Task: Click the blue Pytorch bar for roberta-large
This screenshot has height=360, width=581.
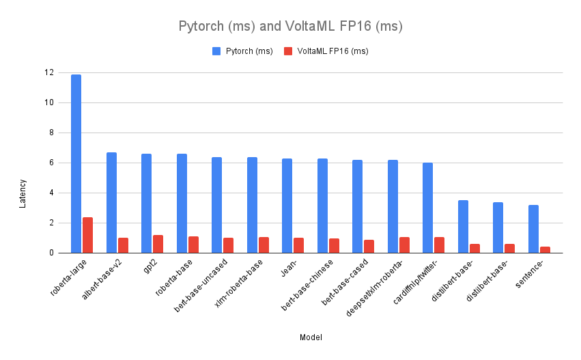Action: pyautogui.click(x=76, y=164)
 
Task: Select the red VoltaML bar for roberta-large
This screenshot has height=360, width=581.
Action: pyautogui.click(x=88, y=235)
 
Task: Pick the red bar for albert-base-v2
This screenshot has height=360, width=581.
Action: pyautogui.click(x=123, y=245)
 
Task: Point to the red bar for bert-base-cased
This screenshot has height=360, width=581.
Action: pyautogui.click(x=369, y=247)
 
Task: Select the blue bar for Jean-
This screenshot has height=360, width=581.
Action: pyautogui.click(x=287, y=206)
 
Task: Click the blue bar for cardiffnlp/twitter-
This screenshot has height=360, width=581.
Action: pyautogui.click(x=427, y=208)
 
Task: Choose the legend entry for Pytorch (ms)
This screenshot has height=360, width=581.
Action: pyautogui.click(x=242, y=51)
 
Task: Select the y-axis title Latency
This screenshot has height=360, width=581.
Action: pyautogui.click(x=23, y=193)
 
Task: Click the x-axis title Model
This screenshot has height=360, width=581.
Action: pyautogui.click(x=311, y=337)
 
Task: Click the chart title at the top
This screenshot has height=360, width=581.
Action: pyautogui.click(x=290, y=27)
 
